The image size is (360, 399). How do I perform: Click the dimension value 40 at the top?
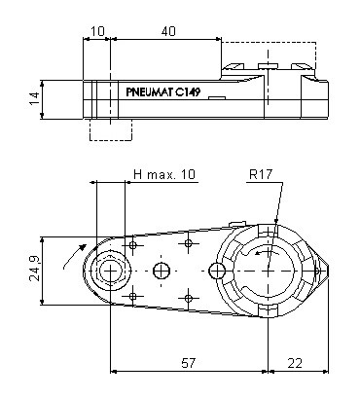tap(168, 31)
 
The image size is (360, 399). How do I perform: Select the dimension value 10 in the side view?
tap(97, 31)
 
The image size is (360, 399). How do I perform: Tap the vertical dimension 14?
tap(34, 98)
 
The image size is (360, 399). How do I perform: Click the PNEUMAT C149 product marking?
tap(163, 92)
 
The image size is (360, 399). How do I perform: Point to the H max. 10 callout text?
tap(164, 174)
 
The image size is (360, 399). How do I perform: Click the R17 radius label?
tap(261, 174)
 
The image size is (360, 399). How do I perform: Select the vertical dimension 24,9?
tap(34, 269)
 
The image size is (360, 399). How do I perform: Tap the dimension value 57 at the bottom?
tap(188, 363)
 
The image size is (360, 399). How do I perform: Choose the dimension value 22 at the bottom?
tap(295, 363)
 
